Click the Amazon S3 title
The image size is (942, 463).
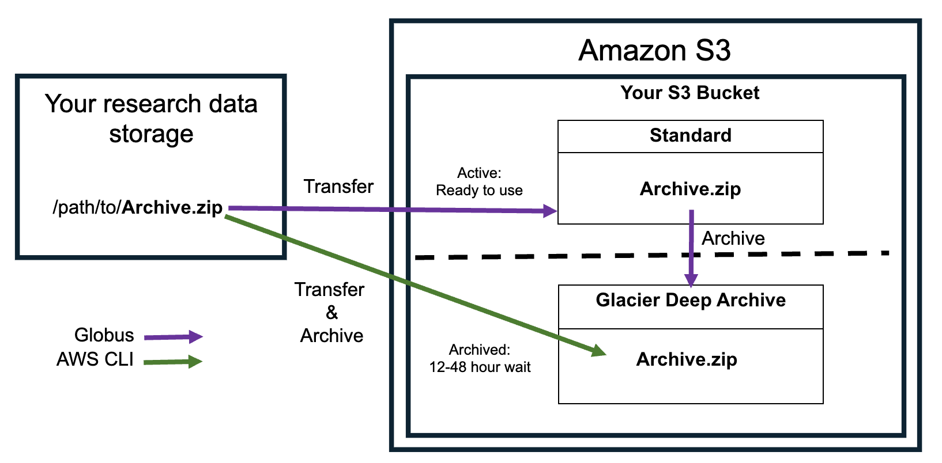(654, 51)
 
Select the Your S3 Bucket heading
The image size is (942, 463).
(689, 93)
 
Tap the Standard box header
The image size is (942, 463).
(690, 136)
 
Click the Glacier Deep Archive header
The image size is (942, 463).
(690, 301)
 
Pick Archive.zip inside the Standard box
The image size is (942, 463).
(690, 189)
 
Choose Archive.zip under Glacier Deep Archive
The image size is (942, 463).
(686, 359)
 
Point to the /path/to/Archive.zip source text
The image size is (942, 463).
(137, 207)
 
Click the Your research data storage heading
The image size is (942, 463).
(151, 119)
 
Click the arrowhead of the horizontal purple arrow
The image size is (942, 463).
(551, 211)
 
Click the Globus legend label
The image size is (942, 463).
(104, 335)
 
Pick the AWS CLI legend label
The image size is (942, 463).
(95, 359)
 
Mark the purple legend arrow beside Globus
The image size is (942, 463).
(173, 337)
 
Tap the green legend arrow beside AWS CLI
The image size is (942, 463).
(173, 362)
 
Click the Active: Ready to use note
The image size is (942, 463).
(479, 182)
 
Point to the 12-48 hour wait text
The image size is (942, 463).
(480, 367)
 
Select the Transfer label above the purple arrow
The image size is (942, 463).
(338, 187)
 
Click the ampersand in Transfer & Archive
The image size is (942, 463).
(331, 313)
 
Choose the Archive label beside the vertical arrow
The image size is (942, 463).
(733, 238)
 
